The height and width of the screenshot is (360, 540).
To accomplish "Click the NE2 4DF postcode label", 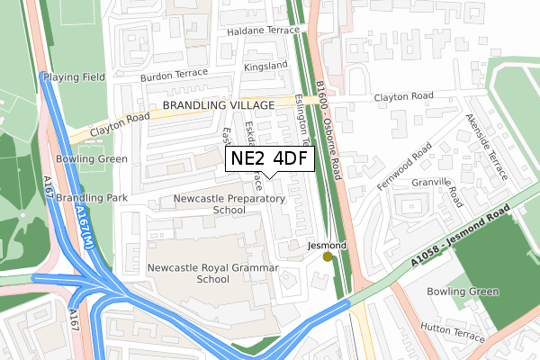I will coord(269,159).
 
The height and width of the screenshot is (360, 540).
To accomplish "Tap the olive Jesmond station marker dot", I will coord(327,256).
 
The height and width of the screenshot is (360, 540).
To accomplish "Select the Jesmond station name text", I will coord(327,245).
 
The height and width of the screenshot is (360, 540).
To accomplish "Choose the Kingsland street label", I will coord(265,66).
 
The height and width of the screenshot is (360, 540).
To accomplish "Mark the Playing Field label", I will coord(80,77).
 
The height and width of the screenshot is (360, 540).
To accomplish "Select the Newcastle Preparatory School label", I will coord(216,203).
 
